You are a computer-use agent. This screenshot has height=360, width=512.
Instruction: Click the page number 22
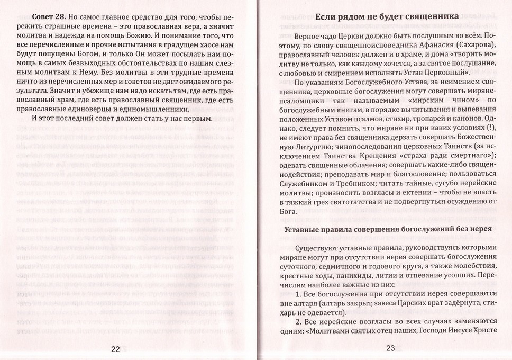116,348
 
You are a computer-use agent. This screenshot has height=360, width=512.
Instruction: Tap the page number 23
391,348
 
